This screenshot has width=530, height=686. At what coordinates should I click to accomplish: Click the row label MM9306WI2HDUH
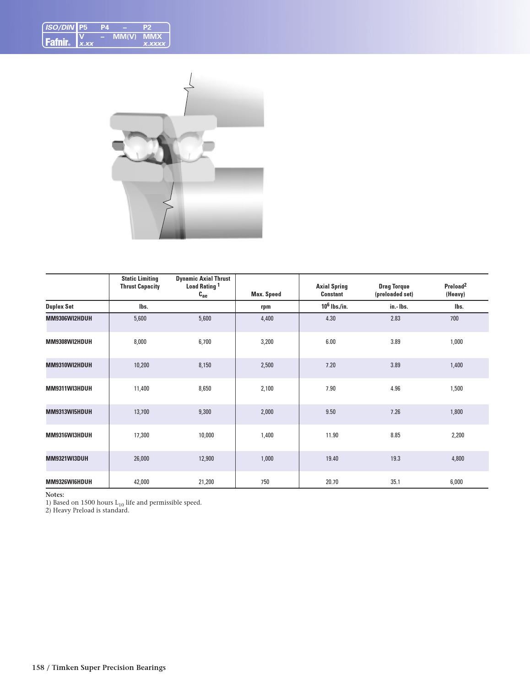coord(69,318)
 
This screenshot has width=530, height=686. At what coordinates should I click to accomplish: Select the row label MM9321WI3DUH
coord(67,458)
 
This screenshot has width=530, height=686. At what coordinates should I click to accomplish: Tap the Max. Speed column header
coord(266,294)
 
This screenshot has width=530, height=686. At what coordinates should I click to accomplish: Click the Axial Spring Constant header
coord(331,290)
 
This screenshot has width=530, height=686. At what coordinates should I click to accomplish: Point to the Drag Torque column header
coord(394,290)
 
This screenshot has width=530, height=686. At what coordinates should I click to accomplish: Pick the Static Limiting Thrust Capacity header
coord(140,283)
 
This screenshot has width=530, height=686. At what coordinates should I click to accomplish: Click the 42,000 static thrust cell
coord(141,482)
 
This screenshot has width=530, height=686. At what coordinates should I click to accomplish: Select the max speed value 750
coord(265,482)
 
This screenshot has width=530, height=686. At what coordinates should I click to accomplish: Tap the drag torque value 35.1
coord(395,482)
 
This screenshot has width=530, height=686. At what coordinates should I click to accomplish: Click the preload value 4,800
coord(458,458)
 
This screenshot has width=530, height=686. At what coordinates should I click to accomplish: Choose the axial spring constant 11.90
coord(332,435)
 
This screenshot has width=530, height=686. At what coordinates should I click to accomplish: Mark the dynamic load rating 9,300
coord(205,412)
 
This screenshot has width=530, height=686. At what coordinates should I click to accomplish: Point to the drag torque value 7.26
coord(395,412)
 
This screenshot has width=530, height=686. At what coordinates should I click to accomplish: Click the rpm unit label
coord(265,307)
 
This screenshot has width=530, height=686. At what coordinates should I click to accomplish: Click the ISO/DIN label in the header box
coord(60,27)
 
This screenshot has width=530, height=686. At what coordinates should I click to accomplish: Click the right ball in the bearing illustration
coord(189,147)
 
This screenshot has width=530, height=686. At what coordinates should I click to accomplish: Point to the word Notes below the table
coord(55,495)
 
